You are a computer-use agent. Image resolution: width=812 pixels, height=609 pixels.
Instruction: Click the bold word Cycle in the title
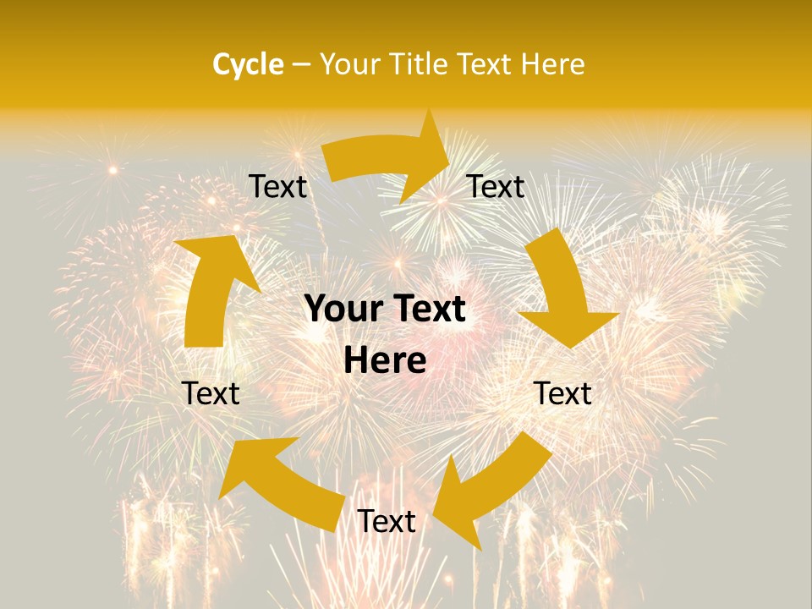click(x=247, y=64)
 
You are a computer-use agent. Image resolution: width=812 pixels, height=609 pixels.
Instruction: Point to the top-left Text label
click(x=277, y=186)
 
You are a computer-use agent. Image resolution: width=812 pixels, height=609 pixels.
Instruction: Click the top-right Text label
click(x=496, y=186)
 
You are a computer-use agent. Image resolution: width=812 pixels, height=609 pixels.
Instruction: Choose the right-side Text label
click(x=562, y=393)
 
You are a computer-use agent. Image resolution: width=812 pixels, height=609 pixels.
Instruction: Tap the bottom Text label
click(x=386, y=521)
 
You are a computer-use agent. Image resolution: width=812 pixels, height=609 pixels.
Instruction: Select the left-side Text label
click(x=211, y=393)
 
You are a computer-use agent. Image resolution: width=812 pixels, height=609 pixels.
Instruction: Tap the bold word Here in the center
click(x=385, y=361)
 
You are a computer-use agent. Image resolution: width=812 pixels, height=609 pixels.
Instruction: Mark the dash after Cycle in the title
click(x=301, y=64)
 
